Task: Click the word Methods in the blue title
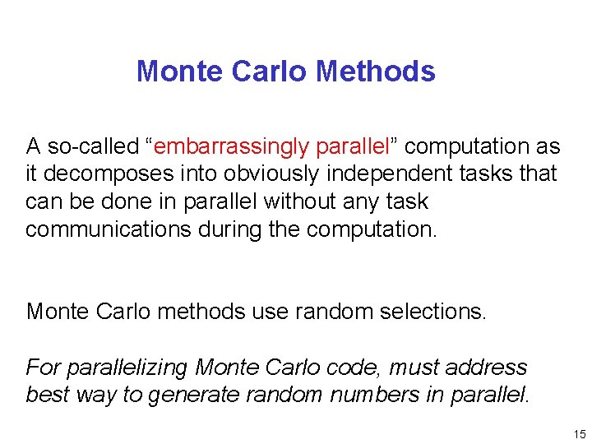375,72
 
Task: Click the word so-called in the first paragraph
92,147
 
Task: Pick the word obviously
291,174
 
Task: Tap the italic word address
486,368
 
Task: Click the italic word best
47,395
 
